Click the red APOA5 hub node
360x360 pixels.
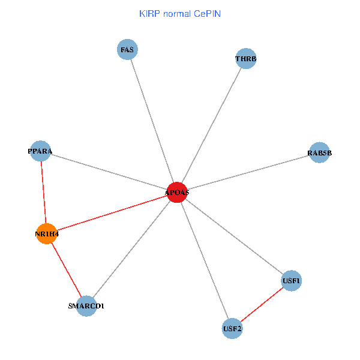177,192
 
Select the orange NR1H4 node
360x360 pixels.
47,233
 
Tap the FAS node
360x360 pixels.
127,50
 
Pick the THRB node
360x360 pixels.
246,59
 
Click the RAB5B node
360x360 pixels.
319,153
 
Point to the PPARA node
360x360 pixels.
40,151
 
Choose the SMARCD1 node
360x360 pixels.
86,306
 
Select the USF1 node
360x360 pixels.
291,280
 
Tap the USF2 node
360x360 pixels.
232,328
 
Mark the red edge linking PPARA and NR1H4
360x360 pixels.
43,192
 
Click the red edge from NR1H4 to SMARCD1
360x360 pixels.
67,269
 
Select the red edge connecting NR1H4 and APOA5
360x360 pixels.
112,213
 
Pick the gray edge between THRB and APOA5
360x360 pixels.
211,125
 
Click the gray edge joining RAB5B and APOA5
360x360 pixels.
248,173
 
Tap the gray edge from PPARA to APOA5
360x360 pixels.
109,172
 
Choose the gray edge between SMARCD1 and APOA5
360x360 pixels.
131,249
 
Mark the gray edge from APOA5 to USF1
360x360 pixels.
234,236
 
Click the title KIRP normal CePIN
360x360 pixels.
179,13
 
